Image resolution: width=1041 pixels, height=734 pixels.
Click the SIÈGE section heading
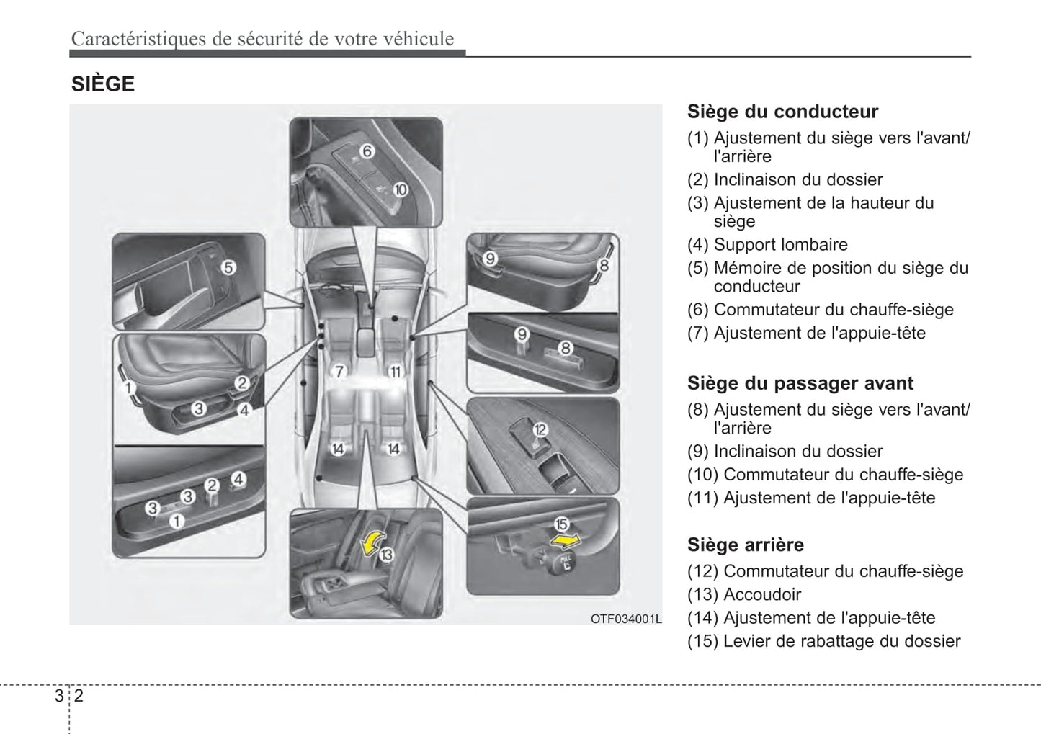[102, 84]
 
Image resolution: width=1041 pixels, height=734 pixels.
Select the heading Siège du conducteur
[782, 112]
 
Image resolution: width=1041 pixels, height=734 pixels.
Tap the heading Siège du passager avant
[800, 383]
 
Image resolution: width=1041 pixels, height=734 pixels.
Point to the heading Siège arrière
[745, 545]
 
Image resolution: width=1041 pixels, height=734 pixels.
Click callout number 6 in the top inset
[366, 151]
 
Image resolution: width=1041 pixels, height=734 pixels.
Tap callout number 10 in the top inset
[400, 189]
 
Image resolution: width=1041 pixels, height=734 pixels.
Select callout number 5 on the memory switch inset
[228, 267]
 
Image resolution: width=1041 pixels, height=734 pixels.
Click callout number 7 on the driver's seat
[340, 372]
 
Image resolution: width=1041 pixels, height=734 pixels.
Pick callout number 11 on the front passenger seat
[395, 372]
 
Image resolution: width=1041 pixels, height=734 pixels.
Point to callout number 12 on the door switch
[540, 430]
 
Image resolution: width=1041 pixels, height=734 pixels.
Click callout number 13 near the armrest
[387, 555]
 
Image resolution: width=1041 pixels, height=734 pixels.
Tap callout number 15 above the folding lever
[560, 524]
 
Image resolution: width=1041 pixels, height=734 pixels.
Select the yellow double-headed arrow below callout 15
[565, 540]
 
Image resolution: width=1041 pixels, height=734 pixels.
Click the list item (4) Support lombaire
[767, 244]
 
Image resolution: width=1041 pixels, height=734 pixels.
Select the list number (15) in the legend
[702, 641]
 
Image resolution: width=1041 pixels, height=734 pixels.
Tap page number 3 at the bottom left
[58, 696]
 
